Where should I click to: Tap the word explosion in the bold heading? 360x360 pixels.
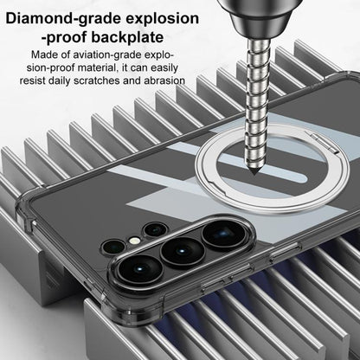160,19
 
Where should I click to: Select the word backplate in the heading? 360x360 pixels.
128,37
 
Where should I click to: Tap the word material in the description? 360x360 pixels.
94,68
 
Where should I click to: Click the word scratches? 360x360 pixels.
96,80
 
